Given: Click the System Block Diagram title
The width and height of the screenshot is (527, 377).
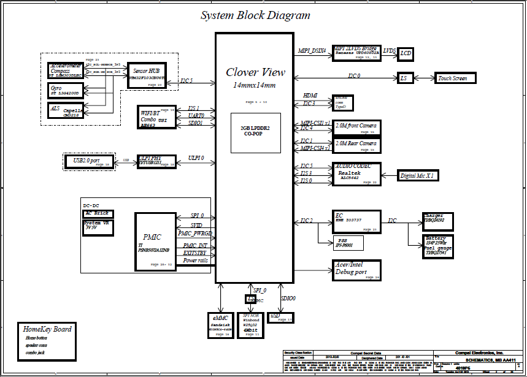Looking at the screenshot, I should tap(255, 15).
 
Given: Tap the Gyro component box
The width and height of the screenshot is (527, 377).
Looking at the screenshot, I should tap(67, 90).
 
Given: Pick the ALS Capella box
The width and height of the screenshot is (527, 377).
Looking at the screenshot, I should tap(67, 110).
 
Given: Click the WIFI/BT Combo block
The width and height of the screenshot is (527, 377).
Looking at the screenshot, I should tap(157, 116).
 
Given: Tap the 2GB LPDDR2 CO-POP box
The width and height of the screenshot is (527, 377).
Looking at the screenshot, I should tap(255, 132).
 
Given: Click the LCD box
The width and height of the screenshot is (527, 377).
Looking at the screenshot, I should tap(405, 54).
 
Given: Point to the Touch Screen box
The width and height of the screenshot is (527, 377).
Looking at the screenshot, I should tap(452, 78).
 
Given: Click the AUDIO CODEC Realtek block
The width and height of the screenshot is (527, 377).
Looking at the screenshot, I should tap(357, 173).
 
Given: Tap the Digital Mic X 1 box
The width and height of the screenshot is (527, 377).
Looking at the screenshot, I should tap(417, 176).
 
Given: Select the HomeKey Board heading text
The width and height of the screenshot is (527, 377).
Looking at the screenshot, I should tap(47, 329).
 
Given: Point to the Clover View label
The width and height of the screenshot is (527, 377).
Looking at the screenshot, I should tap(255, 72).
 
